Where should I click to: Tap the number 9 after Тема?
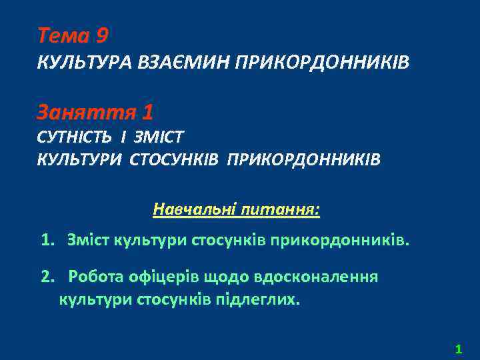(101, 34)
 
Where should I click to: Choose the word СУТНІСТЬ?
(75, 137)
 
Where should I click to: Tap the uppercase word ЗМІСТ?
(159, 137)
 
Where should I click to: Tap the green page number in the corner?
(458, 348)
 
